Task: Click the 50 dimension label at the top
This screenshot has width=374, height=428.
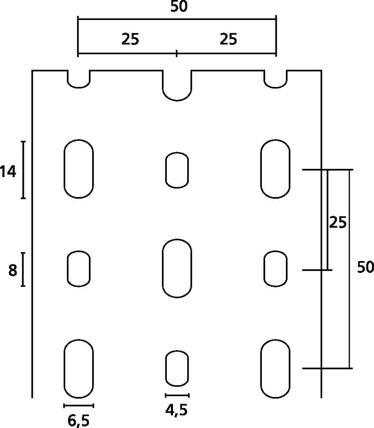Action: pyautogui.click(x=179, y=7)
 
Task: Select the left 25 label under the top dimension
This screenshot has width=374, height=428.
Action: pyautogui.click(x=130, y=39)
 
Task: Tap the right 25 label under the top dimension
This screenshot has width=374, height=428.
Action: pyautogui.click(x=228, y=39)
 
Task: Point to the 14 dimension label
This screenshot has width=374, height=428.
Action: pyautogui.click(x=8, y=172)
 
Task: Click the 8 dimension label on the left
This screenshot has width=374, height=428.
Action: pyautogui.click(x=12, y=270)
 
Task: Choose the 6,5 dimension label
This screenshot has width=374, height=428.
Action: pyautogui.click(x=78, y=421)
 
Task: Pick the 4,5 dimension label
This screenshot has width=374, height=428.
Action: pyautogui.click(x=176, y=410)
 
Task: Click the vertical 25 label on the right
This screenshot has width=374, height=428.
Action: pyautogui.click(x=338, y=222)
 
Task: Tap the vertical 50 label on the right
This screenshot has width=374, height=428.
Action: pyautogui.click(x=365, y=267)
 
